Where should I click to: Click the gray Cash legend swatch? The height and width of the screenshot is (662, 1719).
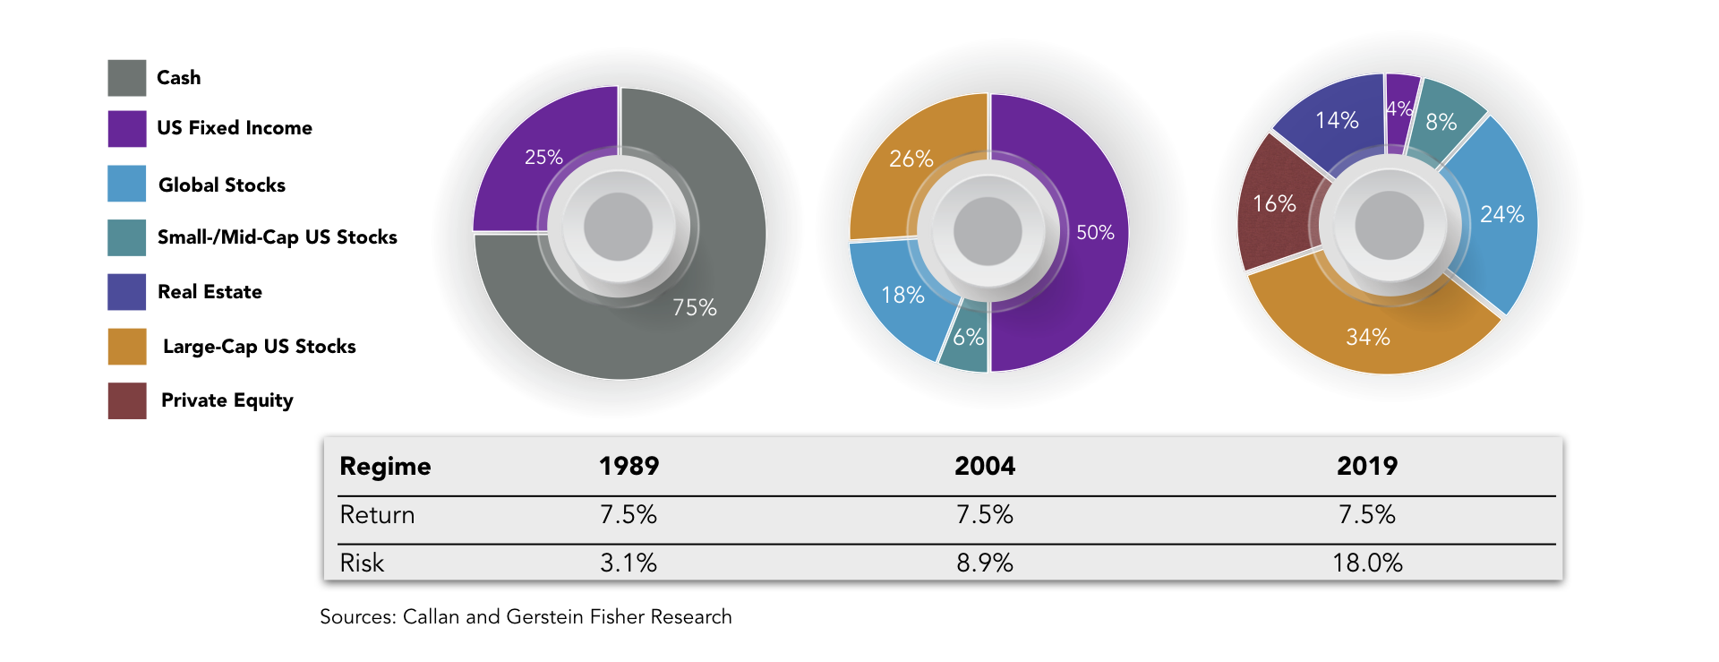click(x=127, y=78)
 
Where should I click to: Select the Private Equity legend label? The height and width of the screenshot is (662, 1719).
click(x=227, y=400)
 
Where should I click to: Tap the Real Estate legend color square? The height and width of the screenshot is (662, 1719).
click(x=127, y=292)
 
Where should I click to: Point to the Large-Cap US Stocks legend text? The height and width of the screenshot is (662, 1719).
click(x=260, y=347)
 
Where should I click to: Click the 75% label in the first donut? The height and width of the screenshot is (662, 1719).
click(x=695, y=308)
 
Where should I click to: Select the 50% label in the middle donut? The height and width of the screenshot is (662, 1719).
click(x=1095, y=233)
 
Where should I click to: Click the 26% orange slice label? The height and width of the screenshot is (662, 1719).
click(x=911, y=159)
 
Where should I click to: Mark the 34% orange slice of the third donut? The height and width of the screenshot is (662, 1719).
click(x=1368, y=331)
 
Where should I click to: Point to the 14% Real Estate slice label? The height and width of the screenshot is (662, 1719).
click(x=1337, y=120)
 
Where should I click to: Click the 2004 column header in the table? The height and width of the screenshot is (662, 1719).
click(x=985, y=466)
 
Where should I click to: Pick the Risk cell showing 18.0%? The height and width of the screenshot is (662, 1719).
click(x=1367, y=563)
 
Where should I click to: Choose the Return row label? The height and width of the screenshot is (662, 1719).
click(x=377, y=515)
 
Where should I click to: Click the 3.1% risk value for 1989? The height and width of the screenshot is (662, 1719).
click(x=629, y=563)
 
